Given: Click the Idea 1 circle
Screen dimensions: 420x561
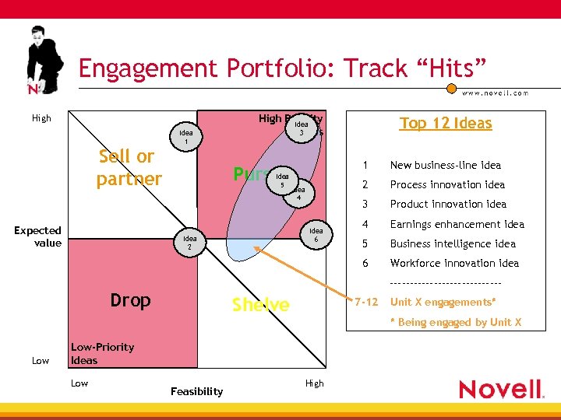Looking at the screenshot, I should [185, 137].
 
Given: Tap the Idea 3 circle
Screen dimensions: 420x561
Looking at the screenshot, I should [301, 128].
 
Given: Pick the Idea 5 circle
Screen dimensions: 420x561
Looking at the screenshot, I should [282, 180].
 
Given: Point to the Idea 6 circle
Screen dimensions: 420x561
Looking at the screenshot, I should [316, 235].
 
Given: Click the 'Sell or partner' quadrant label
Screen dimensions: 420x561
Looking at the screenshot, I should [129, 167].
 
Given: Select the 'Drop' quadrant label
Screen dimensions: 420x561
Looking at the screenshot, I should [130, 300].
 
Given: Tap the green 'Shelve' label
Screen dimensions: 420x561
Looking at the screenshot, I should [260, 305].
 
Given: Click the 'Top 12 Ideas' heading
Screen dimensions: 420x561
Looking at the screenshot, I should [446, 123].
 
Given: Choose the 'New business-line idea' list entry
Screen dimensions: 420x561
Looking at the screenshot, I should [445, 165].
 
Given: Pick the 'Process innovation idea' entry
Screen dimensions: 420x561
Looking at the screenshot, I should [446, 184].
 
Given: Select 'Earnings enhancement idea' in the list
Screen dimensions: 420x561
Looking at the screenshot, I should [457, 224].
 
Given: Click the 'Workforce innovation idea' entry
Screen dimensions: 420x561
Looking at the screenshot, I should [454, 263].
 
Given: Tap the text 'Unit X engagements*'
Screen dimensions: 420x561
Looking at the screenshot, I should [443, 302].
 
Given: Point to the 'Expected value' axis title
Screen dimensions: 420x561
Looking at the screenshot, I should [37, 236].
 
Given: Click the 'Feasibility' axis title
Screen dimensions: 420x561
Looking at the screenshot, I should [196, 391].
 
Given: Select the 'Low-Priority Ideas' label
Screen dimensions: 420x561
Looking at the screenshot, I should [101, 353].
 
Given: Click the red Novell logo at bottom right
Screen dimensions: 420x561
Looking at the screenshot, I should [500, 389].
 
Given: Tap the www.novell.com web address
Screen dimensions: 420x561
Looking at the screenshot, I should [495, 93].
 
